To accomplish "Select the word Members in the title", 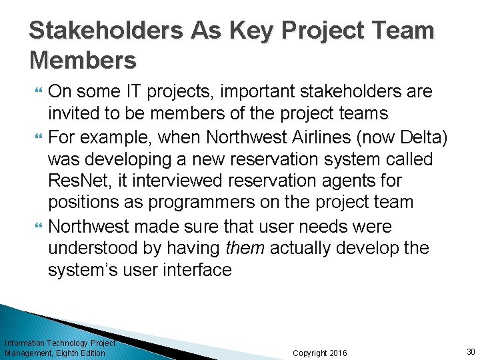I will [x=83, y=61].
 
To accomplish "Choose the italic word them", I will [x=245, y=249].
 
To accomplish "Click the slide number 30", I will [x=471, y=351].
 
